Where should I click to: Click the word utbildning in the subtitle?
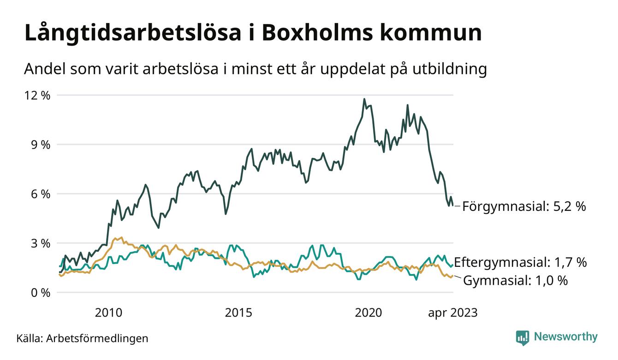[445, 69]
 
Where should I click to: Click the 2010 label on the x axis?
[108, 313]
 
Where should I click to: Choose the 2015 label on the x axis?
[238, 313]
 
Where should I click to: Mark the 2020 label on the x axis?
[368, 313]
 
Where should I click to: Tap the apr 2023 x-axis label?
[453, 313]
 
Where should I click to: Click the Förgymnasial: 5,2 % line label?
[524, 206]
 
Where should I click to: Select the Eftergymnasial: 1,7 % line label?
[520, 263]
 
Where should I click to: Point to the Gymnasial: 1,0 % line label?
[515, 280]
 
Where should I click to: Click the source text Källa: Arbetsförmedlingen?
[83, 338]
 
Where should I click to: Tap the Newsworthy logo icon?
[523, 337]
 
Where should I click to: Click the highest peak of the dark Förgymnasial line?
[364, 99]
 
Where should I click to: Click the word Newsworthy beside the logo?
[565, 337]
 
